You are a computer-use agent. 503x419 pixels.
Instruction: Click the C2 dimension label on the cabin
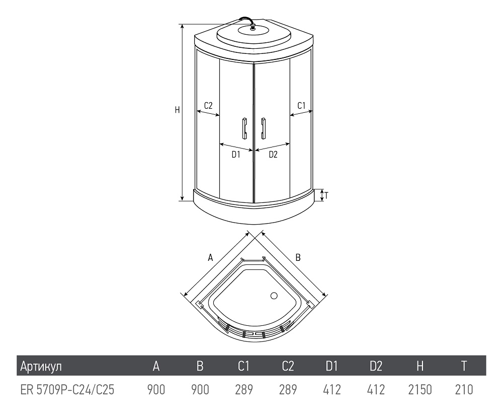208,105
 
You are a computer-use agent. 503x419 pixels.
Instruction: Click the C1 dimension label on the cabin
301,105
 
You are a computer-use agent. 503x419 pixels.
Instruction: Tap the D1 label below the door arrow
236,155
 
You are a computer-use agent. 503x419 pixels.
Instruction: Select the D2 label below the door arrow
273,155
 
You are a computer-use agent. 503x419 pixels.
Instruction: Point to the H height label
177,110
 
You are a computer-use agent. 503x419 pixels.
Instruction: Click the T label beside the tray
326,195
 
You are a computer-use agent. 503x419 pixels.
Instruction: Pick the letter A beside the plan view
210,257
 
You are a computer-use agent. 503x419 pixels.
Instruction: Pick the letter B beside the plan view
298,257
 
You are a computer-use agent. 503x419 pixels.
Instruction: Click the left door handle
244,128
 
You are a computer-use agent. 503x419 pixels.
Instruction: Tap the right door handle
264,128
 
